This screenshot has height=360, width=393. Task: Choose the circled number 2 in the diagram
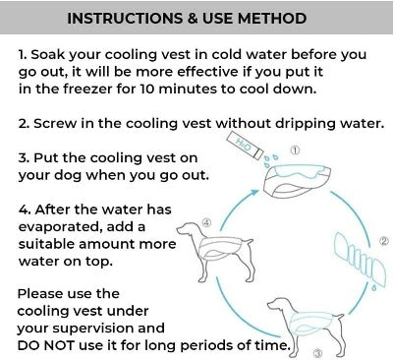pyautogui.click(x=384, y=240)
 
